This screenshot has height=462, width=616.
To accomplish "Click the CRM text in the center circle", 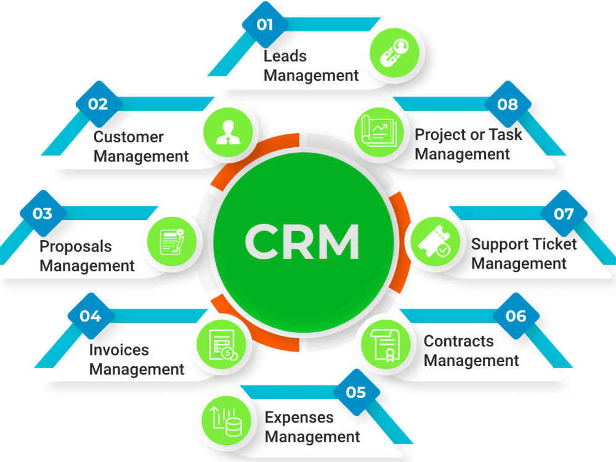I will click(x=302, y=241).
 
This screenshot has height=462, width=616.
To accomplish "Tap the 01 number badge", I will click(x=264, y=25).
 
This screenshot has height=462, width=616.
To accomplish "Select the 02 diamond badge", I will click(x=98, y=103).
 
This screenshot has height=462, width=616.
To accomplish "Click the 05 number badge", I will click(x=356, y=392).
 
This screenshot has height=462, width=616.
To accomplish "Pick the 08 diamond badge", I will click(x=508, y=103).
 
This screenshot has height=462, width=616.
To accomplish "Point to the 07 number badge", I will click(x=563, y=213).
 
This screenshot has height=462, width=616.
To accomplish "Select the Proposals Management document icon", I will click(x=172, y=241).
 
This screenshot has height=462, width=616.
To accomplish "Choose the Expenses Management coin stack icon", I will click(x=226, y=421).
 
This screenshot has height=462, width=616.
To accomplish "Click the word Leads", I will click(x=285, y=56).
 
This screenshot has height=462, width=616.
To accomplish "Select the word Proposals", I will click(x=76, y=247).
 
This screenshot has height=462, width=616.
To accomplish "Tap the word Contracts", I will click(x=459, y=341).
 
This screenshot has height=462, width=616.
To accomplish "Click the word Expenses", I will click(x=299, y=417).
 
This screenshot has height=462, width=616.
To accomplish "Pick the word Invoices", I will click(x=119, y=350).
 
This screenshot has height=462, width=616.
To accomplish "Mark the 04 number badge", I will click(x=90, y=316).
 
